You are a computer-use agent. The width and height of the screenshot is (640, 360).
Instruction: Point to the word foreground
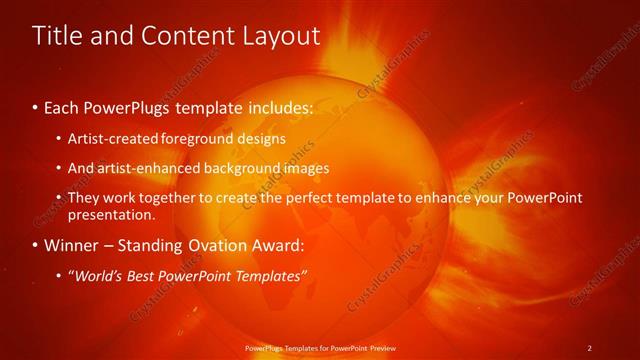[200, 138]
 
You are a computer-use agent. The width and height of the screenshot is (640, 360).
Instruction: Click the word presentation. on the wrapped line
[112, 215]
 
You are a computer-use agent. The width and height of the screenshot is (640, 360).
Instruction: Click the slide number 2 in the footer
[589, 348]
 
